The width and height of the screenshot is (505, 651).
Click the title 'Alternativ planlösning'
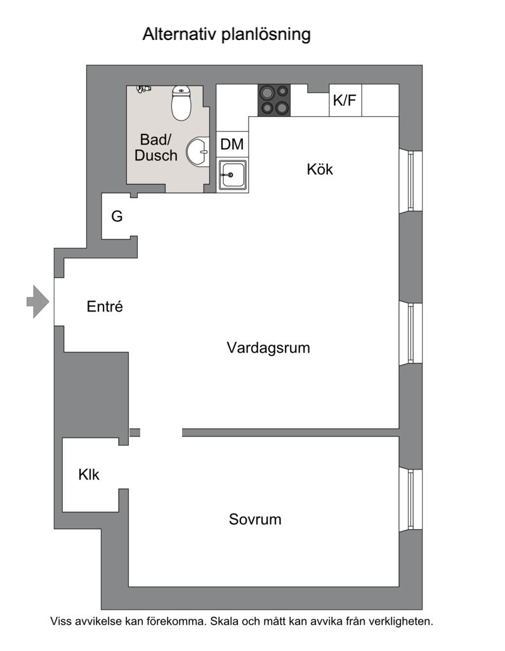pyautogui.click(x=226, y=34)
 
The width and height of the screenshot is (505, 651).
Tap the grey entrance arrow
pyautogui.click(x=38, y=302)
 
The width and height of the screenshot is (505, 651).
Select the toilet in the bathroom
pyautogui.click(x=181, y=103)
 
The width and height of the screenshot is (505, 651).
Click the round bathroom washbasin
pyautogui.click(x=198, y=152)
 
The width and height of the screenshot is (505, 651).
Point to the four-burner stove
pyautogui.click(x=274, y=100)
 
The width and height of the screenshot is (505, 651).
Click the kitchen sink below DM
pyautogui.click(x=233, y=174)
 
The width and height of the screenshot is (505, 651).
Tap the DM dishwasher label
pyautogui.click(x=232, y=144)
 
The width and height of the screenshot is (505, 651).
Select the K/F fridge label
pyautogui.click(x=344, y=100)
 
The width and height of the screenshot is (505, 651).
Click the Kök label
pyautogui.click(x=320, y=169)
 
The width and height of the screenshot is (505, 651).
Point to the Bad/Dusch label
pyautogui.click(x=155, y=147)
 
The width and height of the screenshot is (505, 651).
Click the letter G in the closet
pyautogui.click(x=117, y=216)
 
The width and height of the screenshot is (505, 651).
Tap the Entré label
pyautogui.click(x=105, y=306)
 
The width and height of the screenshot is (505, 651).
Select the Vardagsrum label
pyautogui.click(x=268, y=348)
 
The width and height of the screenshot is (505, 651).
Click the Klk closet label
pyautogui.click(x=89, y=475)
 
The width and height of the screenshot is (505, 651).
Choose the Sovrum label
pyautogui.click(x=255, y=520)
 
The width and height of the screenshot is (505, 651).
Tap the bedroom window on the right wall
pyautogui.click(x=410, y=500)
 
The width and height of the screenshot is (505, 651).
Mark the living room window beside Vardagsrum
pyautogui.click(x=410, y=333)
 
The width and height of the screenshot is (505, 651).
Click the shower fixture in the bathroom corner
pyautogui.click(x=143, y=89)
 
